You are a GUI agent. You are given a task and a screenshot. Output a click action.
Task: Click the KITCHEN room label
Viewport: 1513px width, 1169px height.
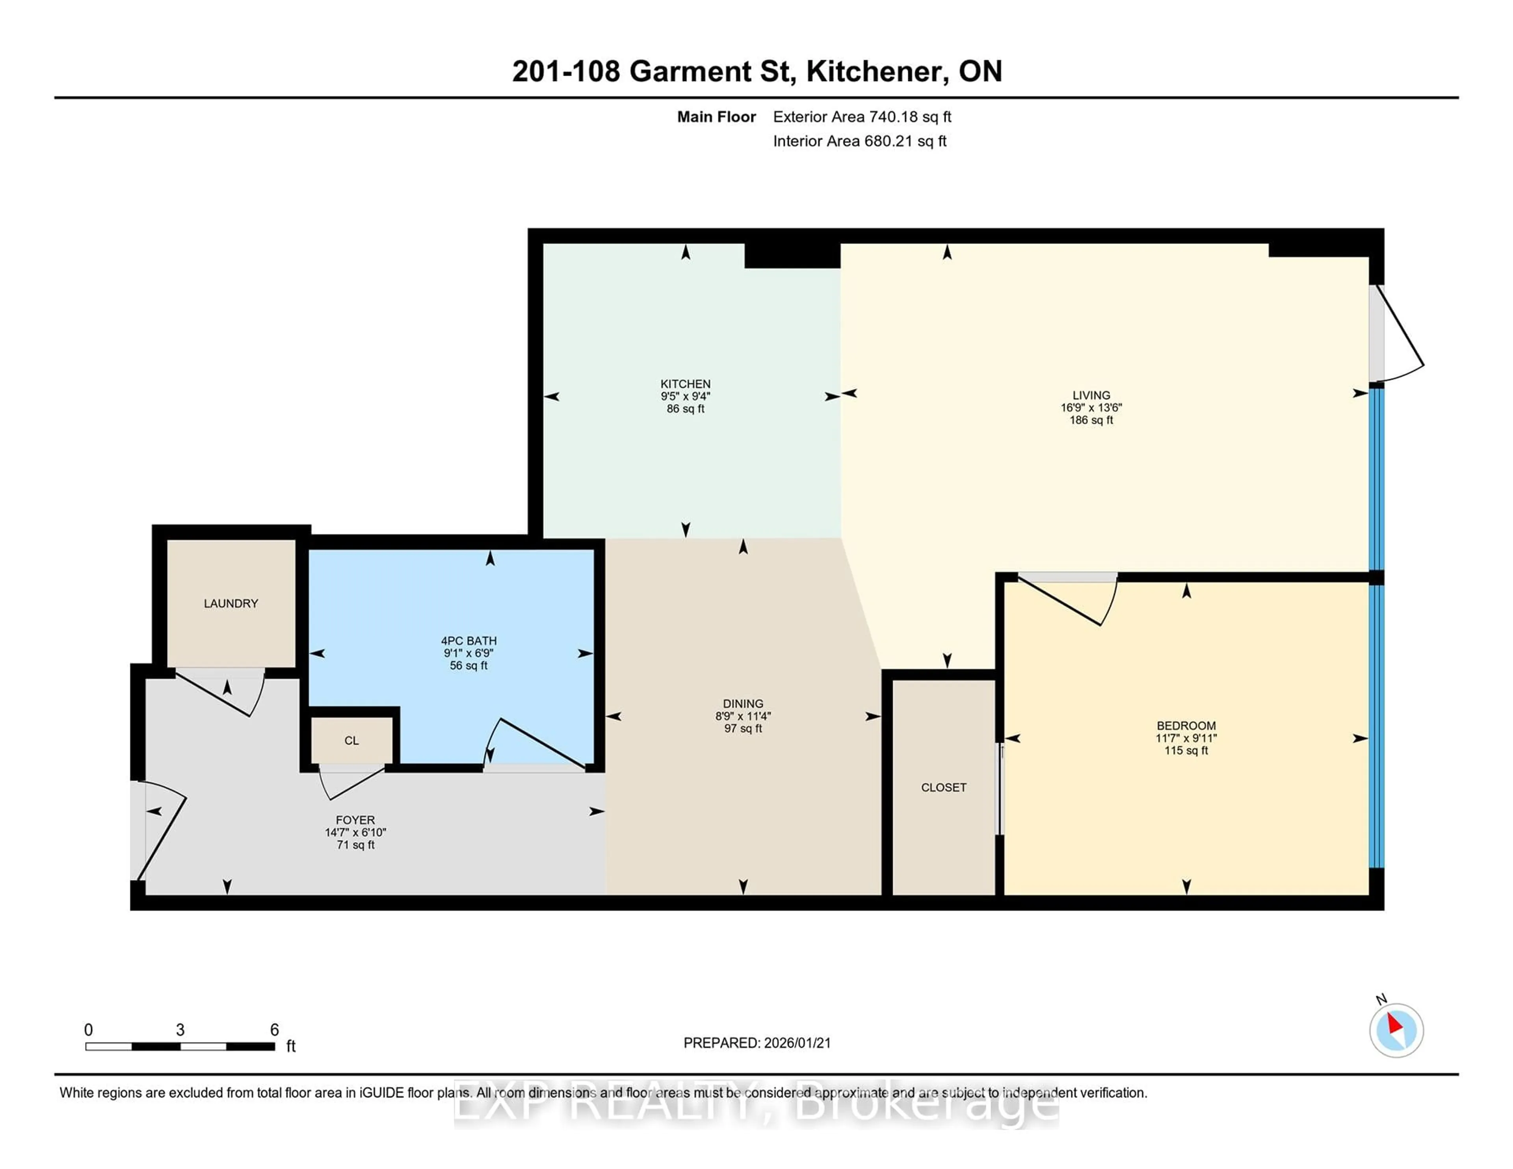point(685,384)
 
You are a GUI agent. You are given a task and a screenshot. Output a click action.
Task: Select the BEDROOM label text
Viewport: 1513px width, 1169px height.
point(1186,726)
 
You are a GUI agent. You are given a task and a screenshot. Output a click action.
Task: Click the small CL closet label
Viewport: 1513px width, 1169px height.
point(351,741)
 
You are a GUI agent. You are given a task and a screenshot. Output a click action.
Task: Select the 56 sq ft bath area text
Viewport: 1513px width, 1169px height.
point(468,666)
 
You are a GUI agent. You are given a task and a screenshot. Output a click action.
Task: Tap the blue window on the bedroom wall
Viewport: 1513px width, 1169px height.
point(1377,727)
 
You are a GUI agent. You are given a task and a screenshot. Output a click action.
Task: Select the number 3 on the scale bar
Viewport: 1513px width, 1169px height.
point(180,1030)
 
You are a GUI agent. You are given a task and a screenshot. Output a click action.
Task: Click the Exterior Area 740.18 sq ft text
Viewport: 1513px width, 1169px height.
point(862,117)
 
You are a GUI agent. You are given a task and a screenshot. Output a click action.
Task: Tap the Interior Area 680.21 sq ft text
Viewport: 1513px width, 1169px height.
point(859,141)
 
